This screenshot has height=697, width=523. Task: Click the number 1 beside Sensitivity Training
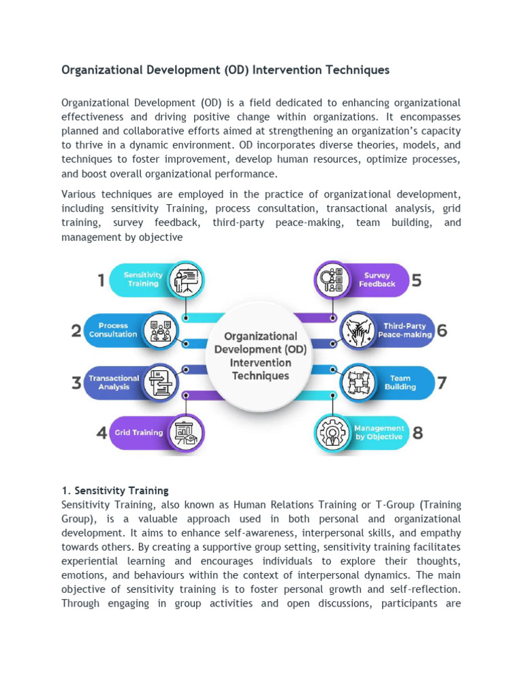pos(101,280)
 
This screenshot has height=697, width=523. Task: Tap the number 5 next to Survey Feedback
pos(417,280)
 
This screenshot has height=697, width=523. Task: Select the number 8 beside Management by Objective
pos(417,433)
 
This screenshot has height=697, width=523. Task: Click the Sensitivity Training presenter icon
pos(185,280)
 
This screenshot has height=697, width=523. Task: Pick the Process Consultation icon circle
pos(161,331)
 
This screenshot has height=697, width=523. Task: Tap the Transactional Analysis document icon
pos(161,383)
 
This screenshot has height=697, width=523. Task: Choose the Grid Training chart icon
pos(185,432)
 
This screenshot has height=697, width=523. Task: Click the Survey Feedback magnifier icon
pos(333,280)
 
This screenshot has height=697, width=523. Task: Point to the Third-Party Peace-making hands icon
pos(357,331)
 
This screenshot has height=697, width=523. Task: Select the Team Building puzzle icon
pos(357,383)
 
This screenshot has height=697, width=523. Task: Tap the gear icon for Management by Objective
pos(333,433)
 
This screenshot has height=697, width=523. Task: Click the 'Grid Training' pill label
pos(139,432)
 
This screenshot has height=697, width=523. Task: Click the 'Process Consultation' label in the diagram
pos(113,330)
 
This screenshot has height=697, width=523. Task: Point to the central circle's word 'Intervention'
pos(260,362)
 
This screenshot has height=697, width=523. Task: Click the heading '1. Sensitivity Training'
pos(115,490)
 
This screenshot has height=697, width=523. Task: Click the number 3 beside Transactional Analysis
pos(77,383)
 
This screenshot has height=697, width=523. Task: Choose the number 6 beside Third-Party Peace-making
pos(442,331)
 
